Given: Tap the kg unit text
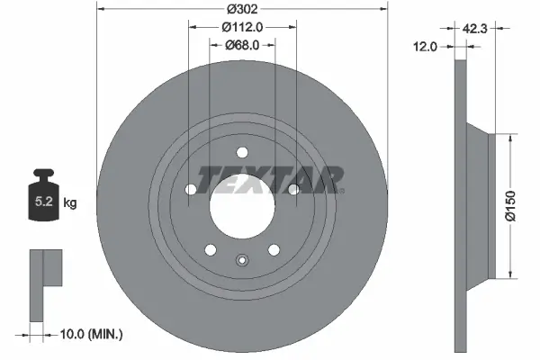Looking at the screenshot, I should tap(70, 203).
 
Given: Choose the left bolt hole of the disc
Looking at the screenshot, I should tap(191, 189).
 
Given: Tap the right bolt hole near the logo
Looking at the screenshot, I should tap(293, 188).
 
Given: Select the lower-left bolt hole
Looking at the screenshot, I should tap(211, 249).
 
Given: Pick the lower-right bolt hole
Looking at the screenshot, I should tap(274, 249).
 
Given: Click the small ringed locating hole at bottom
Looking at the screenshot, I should tap(241, 261).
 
